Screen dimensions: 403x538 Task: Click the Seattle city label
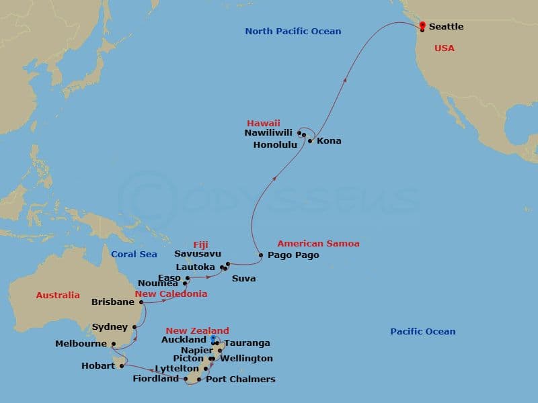coord(446,27)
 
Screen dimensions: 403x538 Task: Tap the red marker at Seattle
coord(422,26)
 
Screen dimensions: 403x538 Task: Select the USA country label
coord(444,48)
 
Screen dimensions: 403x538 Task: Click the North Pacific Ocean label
coord(293,32)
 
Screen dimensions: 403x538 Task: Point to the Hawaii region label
coord(264,124)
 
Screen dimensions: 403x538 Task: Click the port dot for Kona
coord(310,141)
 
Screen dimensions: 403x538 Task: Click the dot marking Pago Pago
coord(261,255)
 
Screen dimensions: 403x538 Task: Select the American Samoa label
coord(318,244)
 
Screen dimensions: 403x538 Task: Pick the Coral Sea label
coord(134,255)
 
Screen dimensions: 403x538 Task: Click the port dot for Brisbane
coord(142,302)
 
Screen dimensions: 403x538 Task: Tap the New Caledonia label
coord(171,294)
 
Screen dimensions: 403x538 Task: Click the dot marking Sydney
coord(134,327)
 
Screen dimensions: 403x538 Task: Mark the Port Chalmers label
coord(241,379)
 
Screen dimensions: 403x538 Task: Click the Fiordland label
coord(157,379)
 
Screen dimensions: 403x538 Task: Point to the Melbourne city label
coord(81,344)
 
